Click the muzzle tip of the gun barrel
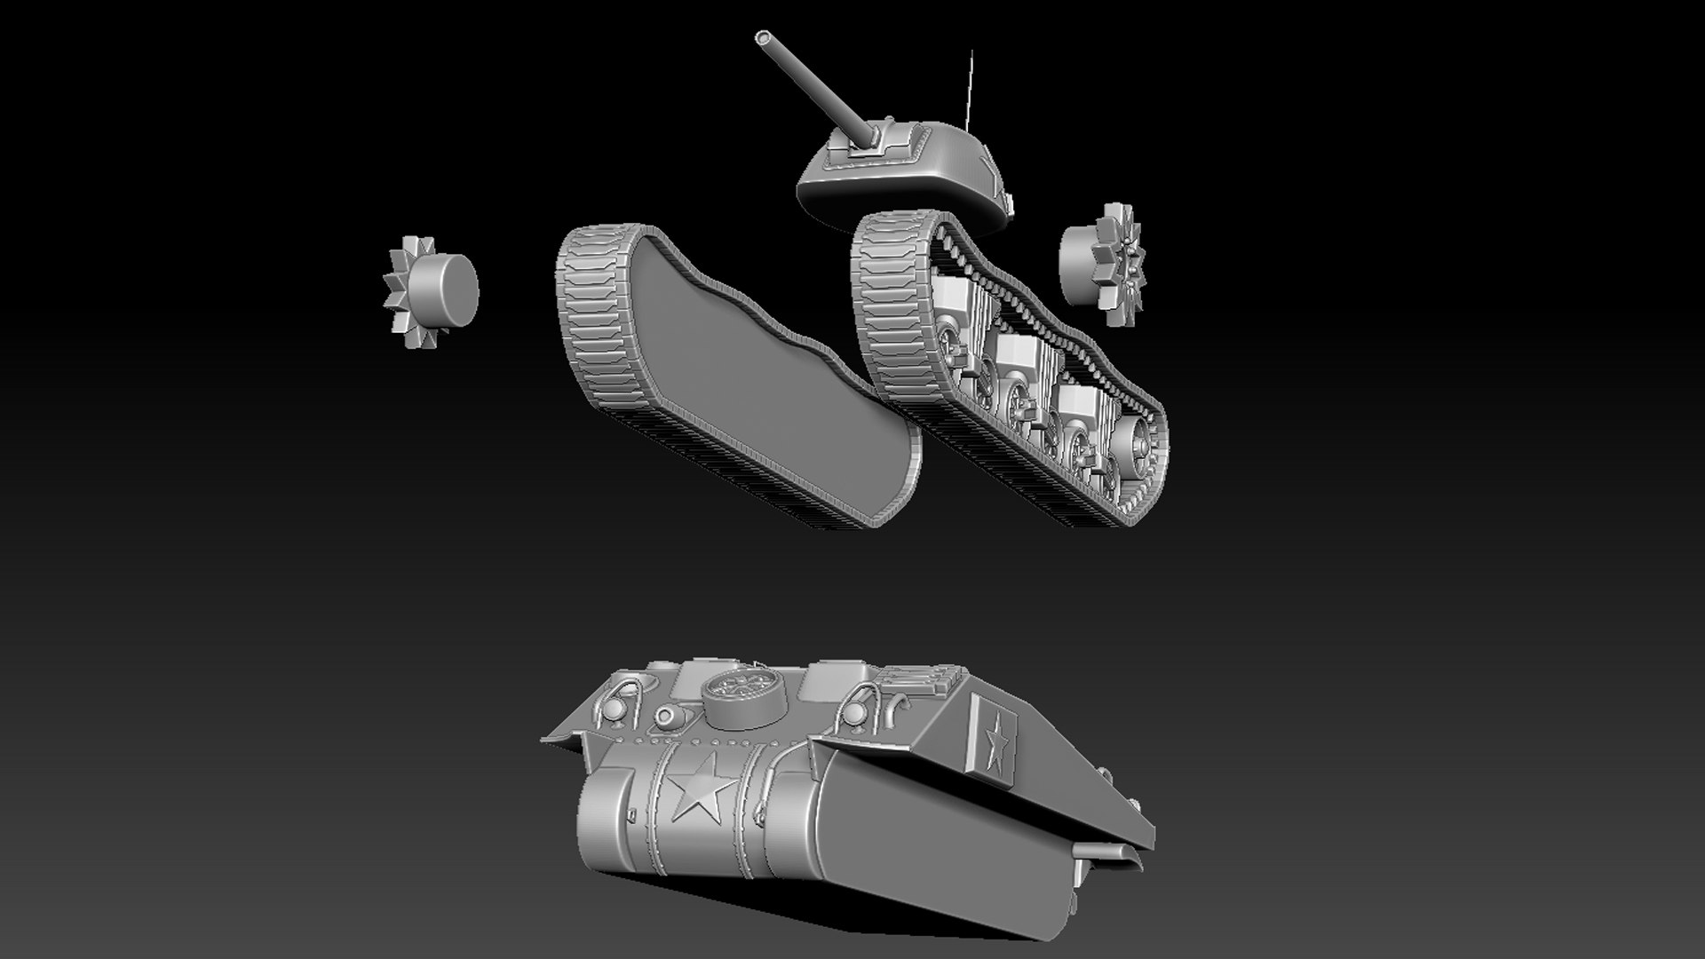tap(763, 13)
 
